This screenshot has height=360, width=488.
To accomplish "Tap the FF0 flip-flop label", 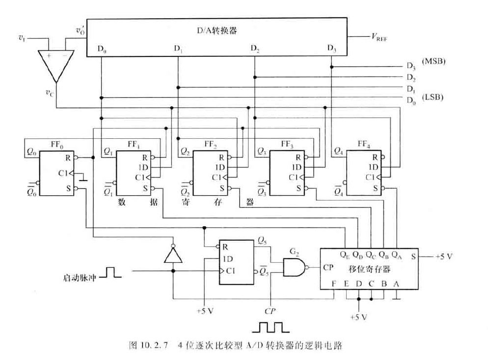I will [57, 146].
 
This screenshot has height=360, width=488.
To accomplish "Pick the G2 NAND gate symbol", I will [294, 267].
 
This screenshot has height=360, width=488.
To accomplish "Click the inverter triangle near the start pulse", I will [172, 255].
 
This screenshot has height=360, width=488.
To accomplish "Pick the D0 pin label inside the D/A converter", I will [102, 49].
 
